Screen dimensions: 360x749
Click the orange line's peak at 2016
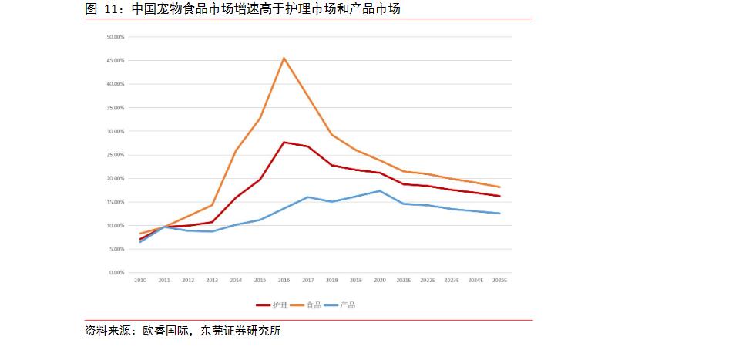[284, 58]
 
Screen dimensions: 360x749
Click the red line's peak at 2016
[284, 142]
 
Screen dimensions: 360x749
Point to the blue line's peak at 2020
[379, 190]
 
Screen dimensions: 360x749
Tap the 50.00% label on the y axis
[115, 36]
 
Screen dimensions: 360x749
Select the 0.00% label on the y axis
[116, 273]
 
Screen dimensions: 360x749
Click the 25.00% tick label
[115, 155]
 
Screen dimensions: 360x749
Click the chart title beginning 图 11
[243, 9]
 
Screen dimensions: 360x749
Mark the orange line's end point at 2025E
[499, 187]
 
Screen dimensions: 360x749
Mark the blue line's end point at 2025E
[499, 214]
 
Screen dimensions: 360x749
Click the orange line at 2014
[236, 150]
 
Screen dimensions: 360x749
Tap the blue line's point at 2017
[307, 197]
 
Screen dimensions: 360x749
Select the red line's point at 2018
[331, 165]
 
